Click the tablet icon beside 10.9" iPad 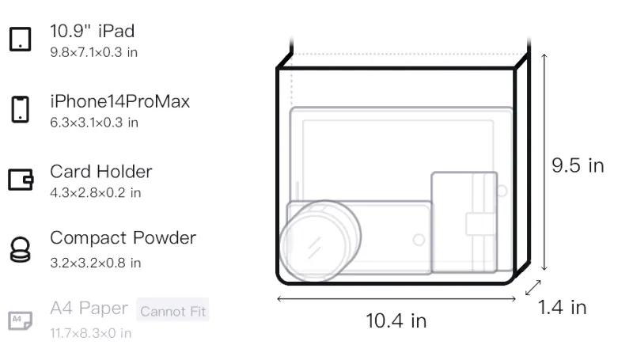[21, 39]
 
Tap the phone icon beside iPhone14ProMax [21, 109]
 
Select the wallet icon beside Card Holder [21, 179]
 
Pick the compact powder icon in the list [21, 250]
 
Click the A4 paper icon [21, 320]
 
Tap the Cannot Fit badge [172, 311]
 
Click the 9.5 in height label [578, 165]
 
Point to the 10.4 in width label [396, 321]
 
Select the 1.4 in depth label [562, 308]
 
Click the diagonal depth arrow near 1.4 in [533, 287]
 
